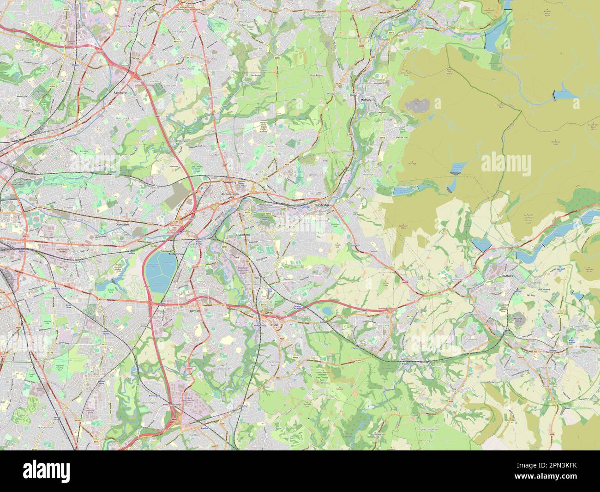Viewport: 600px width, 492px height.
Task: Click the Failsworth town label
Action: (120, 92)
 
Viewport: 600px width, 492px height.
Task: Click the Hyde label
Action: (276, 325)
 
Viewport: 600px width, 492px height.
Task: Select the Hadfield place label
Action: (508, 276)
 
